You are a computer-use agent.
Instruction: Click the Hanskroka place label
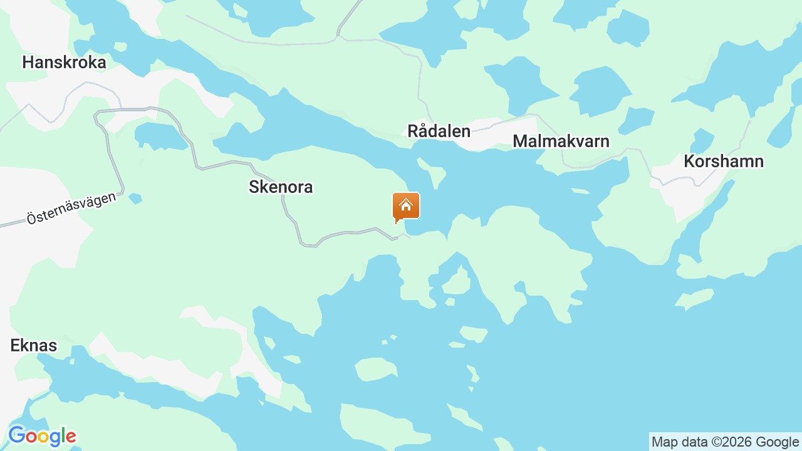[64, 63]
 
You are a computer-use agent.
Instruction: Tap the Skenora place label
[281, 187]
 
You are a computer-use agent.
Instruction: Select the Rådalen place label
[439, 131]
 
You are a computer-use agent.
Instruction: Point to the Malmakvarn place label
[561, 141]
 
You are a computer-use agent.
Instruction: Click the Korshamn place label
[724, 161]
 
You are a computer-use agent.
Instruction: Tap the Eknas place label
[34, 345]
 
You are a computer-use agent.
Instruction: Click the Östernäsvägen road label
[71, 208]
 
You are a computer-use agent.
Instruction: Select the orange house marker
[406, 206]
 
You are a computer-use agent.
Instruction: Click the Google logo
[42, 436]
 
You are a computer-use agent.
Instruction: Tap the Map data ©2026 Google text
[725, 442]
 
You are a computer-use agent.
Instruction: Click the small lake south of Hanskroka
[159, 136]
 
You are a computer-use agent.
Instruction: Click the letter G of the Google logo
[16, 435]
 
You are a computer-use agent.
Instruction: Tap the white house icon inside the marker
[406, 204]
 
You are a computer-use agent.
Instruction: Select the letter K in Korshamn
[689, 161]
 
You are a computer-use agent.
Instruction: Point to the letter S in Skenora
[254, 187]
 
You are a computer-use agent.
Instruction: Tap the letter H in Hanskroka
[28, 63]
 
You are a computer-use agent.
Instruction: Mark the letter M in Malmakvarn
[519, 141]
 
